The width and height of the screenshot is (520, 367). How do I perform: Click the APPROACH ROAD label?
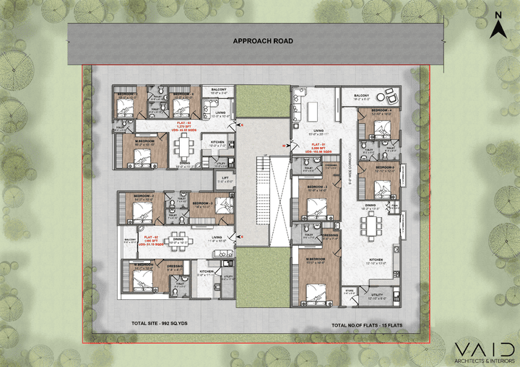point(262,41)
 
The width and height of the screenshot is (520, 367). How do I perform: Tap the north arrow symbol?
point(496,27)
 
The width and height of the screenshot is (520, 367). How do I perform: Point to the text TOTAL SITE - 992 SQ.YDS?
point(156,324)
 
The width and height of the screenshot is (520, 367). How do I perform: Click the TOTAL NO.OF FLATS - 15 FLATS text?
point(367,325)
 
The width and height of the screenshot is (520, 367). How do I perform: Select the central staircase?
point(264,176)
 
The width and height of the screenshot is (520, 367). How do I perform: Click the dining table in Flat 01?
point(373,225)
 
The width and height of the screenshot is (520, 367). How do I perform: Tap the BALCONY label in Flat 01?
point(361,95)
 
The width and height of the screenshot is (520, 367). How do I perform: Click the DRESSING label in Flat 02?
point(174,266)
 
